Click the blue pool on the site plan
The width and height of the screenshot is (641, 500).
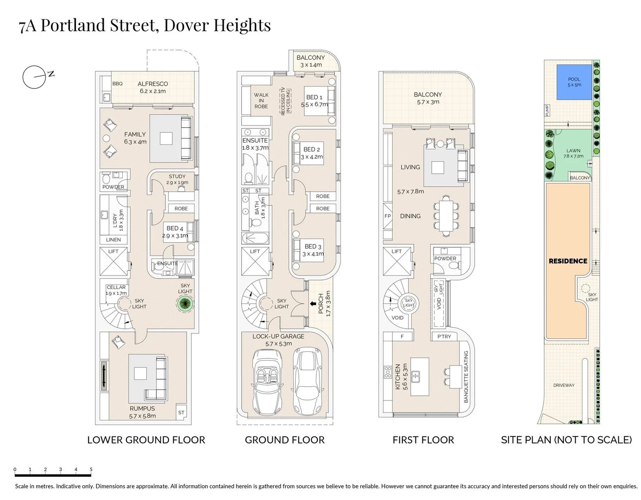[x=574, y=82]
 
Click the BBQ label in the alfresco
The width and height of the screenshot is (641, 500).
[x=118, y=84]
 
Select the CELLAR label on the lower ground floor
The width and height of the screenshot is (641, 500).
[x=116, y=287]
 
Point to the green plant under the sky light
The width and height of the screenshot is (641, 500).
[x=185, y=304]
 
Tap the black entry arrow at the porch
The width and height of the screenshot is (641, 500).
[x=314, y=304]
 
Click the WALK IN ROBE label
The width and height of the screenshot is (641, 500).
[x=261, y=100]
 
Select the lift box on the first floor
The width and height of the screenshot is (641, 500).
[x=396, y=262]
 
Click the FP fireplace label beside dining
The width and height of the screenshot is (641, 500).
[x=388, y=216]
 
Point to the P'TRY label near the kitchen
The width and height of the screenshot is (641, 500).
[x=444, y=337]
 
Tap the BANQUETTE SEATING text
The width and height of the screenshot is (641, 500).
[x=466, y=376]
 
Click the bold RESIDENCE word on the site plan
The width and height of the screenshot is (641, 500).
[x=568, y=261]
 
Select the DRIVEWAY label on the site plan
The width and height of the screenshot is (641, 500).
[x=564, y=385]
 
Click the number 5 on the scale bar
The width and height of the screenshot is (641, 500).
[x=91, y=469]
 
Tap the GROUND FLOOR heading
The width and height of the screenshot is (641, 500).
[x=284, y=440]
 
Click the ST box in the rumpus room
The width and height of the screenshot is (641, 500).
[x=181, y=412]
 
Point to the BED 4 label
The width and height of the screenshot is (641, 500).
[x=175, y=228]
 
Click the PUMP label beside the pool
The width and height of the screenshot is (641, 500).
[x=547, y=110]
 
